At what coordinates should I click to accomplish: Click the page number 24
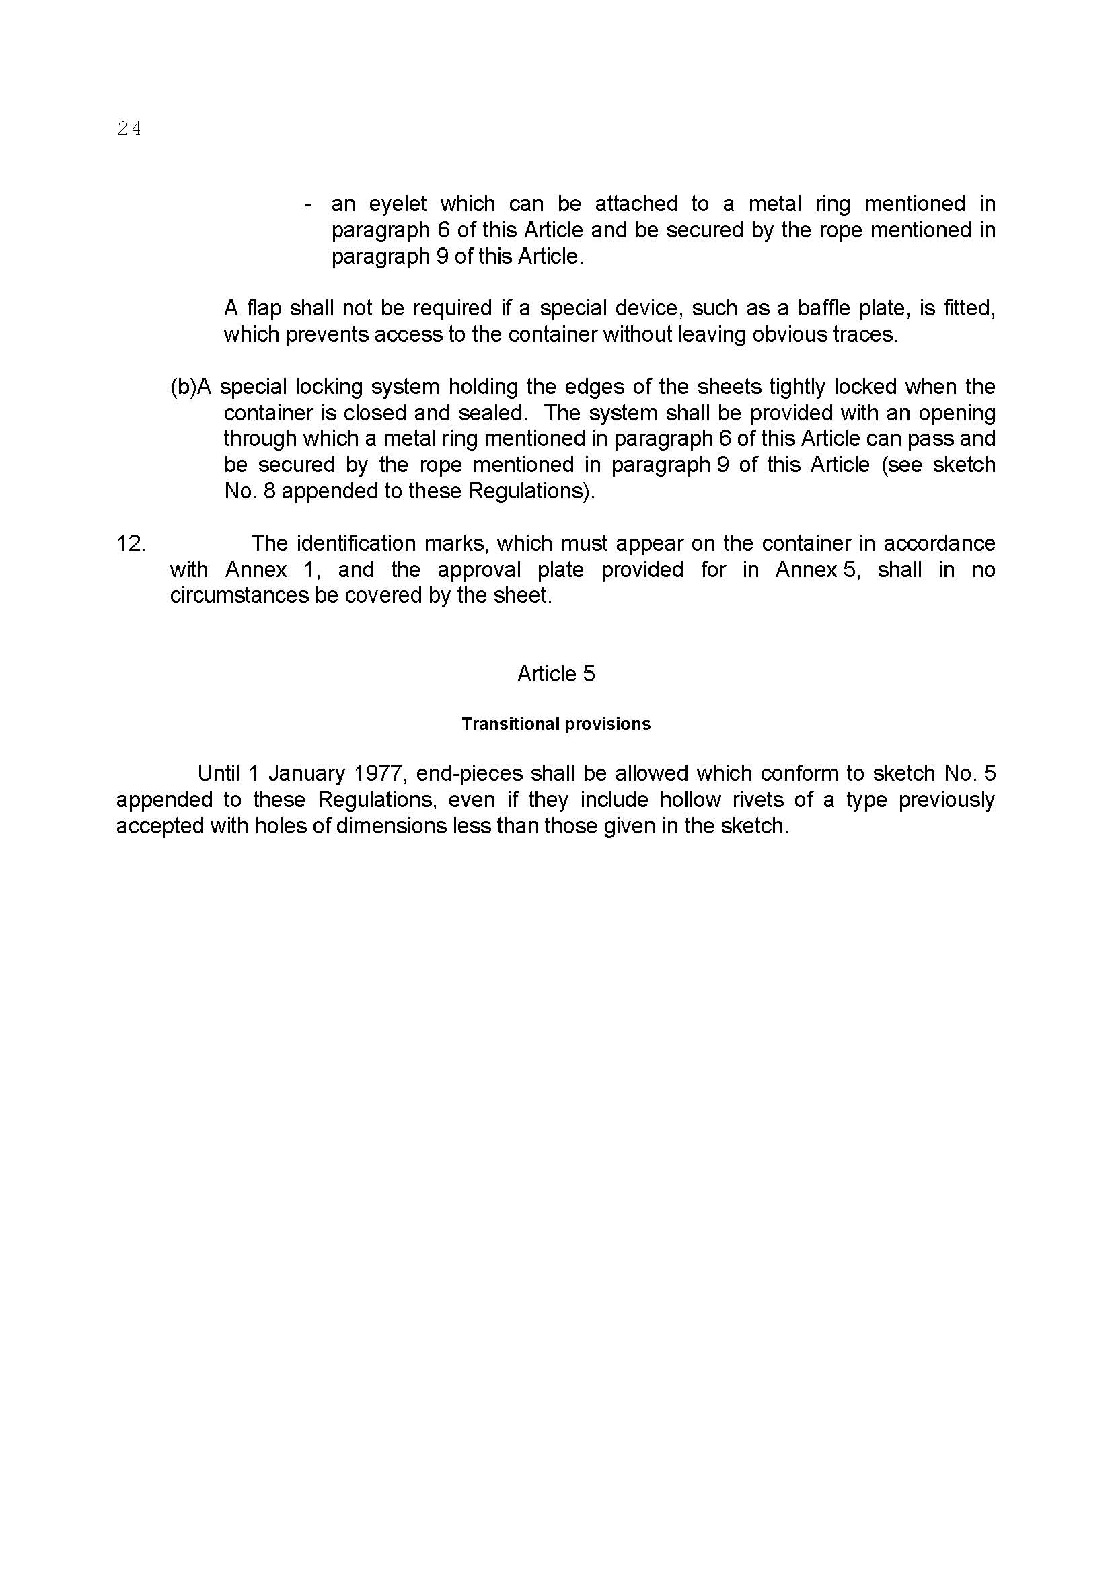coord(128,128)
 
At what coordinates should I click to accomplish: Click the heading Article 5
coord(556,673)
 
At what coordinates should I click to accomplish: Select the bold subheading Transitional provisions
coord(556,724)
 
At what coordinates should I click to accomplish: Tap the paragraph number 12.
coord(131,543)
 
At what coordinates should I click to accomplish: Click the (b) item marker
coord(183,387)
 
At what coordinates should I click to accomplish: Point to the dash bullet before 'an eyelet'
coord(309,204)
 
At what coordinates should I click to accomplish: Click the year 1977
coord(377,773)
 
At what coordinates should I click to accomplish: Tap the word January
coord(306,773)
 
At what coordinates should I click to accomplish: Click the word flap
coord(263,308)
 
